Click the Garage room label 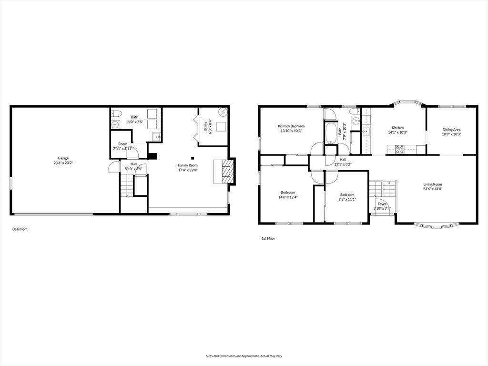[x=63, y=158]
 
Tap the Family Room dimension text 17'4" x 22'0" [x=188, y=170]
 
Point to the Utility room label [x=205, y=126]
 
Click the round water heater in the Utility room [x=223, y=112]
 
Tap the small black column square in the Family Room [x=193, y=158]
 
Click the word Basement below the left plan [x=20, y=229]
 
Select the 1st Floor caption [x=268, y=238]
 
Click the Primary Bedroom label [x=291, y=126]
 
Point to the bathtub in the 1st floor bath [x=331, y=133]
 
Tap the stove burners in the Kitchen [x=400, y=149]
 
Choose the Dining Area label [x=451, y=130]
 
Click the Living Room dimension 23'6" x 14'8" [x=433, y=189]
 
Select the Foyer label [x=382, y=204]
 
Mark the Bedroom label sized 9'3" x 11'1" [x=347, y=195]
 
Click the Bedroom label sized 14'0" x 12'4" [x=288, y=193]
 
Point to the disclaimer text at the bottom [x=244, y=356]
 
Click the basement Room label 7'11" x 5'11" [x=122, y=144]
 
